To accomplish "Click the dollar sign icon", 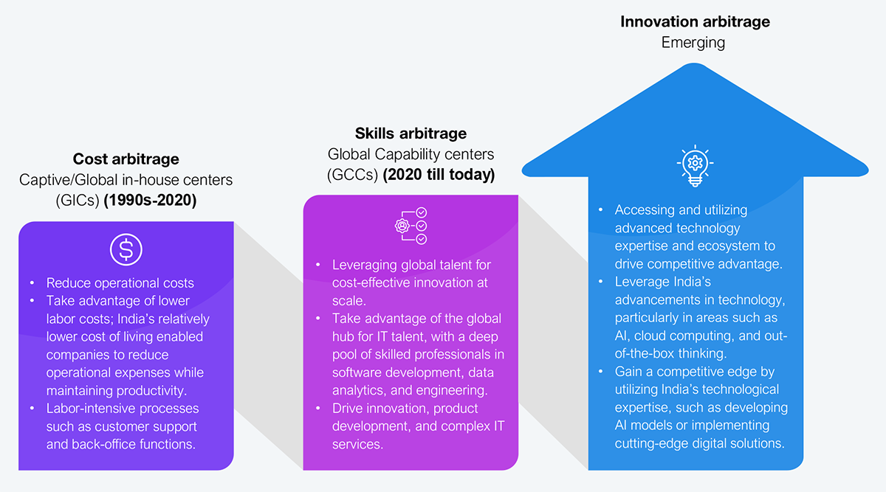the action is coord(126,249).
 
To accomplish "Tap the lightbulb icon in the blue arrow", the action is coord(695,165).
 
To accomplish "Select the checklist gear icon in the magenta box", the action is coord(411,226).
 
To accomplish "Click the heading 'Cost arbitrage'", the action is coord(126,159).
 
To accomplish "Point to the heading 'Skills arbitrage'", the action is coord(411,134).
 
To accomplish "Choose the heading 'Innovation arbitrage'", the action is coord(695,21).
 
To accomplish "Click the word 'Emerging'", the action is coord(693,43).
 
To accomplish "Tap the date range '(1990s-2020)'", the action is coord(150,201).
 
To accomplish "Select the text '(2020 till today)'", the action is coord(439,175).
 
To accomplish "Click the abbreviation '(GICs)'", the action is coord(78,201).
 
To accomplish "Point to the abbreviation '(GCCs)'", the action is coord(353,175).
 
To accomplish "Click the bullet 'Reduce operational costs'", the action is coord(120,283).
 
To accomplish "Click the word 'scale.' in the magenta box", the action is coord(348,301).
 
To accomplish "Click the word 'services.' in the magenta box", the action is coord(357,444).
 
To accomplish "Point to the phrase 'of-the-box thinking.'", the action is coord(670,353).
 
